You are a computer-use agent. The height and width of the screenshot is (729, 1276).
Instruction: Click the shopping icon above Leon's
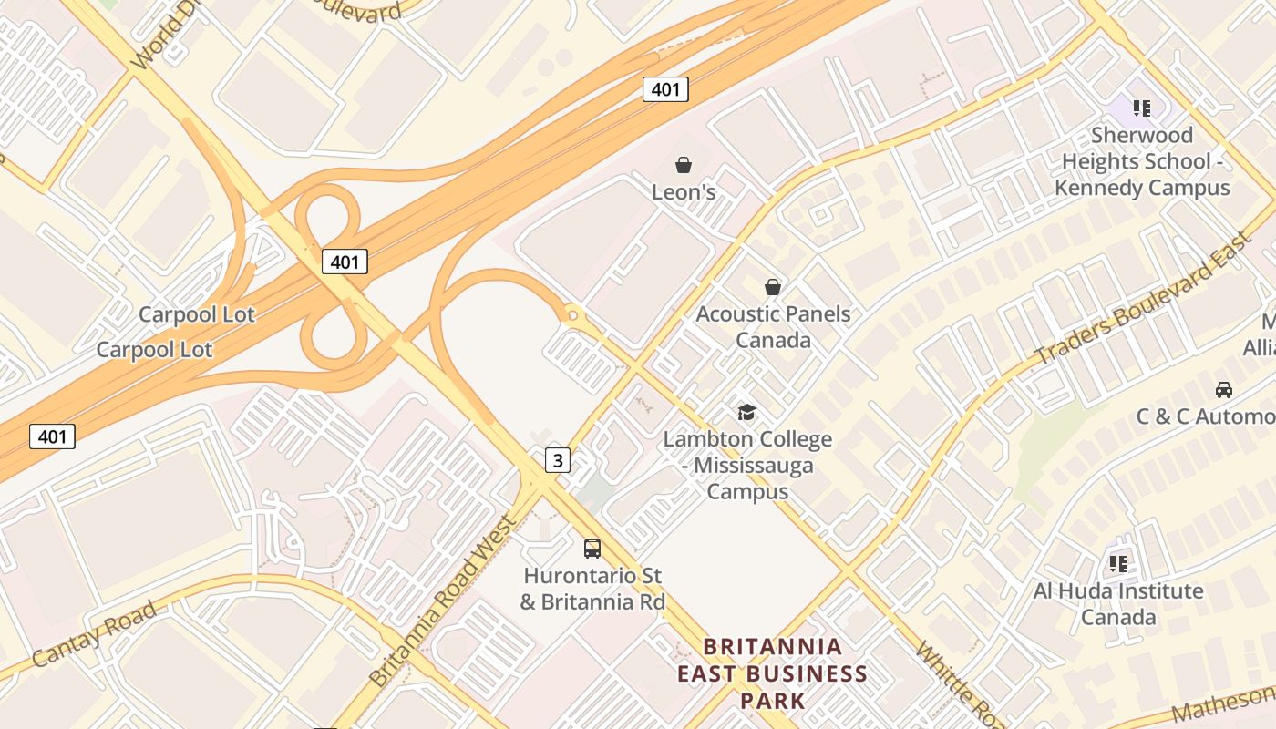pos(683,165)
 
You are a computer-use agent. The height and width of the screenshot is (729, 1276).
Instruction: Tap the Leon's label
pos(683,192)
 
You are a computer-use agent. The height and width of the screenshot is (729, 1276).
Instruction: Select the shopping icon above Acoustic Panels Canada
pos(773,287)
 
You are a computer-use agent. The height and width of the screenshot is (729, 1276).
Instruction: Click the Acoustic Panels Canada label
pos(773,327)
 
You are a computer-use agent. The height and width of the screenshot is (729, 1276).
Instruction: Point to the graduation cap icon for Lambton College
pos(746,413)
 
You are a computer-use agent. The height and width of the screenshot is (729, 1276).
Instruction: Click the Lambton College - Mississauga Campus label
pos(747,465)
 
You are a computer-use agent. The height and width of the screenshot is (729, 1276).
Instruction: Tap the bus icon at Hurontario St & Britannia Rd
pos(592,549)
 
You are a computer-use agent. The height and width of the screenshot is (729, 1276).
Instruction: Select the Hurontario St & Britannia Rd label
pos(592,589)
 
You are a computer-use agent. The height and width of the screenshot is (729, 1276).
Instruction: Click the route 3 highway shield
pos(558,460)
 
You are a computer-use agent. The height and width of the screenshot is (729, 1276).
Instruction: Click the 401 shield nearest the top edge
pos(665,89)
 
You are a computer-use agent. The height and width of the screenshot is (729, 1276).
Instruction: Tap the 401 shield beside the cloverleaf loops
pos(345,262)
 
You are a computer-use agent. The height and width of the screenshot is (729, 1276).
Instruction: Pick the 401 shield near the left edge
pos(52,436)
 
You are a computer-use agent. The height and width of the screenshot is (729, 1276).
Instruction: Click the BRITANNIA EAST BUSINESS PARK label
pos(772,673)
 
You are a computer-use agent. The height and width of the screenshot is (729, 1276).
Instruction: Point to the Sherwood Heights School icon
pos(1142,108)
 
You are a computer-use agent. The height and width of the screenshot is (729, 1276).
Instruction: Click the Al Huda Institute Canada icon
pos(1118,564)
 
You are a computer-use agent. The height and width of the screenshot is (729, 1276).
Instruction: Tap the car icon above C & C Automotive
pos(1224,390)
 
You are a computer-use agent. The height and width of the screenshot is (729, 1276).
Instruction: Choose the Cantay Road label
pos(93,634)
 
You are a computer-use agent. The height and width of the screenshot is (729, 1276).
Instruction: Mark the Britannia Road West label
pos(443,602)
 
